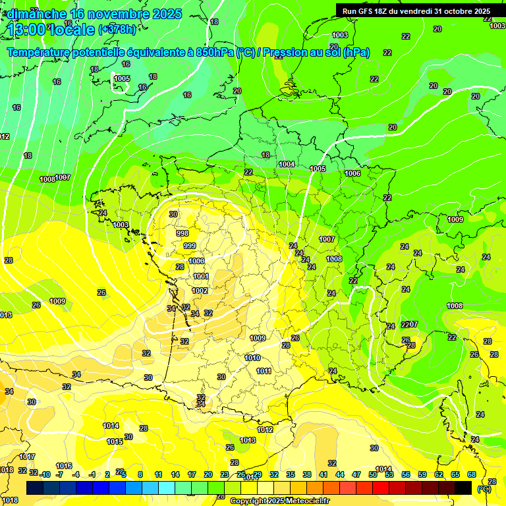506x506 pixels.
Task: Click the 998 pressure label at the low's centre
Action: [183, 233]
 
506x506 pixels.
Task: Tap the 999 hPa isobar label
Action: [190, 246]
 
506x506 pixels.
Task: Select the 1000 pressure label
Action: [196, 262]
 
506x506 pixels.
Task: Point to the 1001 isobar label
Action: [201, 277]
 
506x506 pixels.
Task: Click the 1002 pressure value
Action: [200, 291]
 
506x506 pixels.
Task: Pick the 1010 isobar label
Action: [252, 358]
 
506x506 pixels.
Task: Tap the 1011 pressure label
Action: [264, 371]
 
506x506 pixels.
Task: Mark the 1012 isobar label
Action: [265, 430]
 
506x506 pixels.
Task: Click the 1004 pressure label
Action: [287, 164]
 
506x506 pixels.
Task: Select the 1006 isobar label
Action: [352, 173]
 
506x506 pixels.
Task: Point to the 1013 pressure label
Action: [248, 440]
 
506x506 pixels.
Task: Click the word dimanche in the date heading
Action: [37, 14]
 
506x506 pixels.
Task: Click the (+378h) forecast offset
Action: [118, 30]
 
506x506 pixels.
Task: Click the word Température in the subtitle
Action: [45, 53]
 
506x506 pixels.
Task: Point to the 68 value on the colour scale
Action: [472, 474]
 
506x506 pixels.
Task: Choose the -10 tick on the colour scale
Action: [45, 474]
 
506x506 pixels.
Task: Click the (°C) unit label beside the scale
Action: [484, 488]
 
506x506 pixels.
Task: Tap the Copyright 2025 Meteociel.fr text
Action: [279, 501]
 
